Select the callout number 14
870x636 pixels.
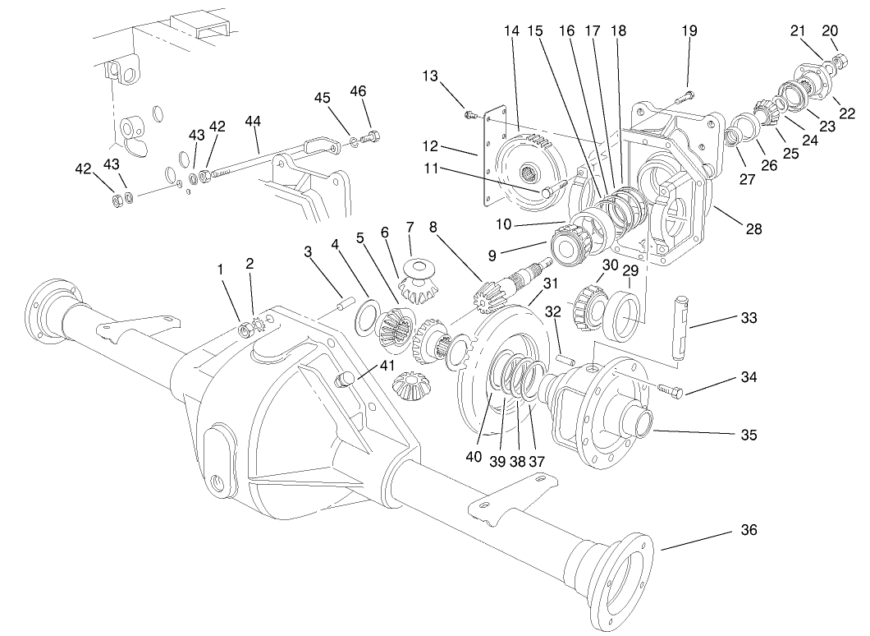511,31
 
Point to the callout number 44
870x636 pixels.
252,122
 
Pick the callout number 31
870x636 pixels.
549,283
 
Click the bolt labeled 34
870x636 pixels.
670,392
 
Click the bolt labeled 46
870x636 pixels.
373,136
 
